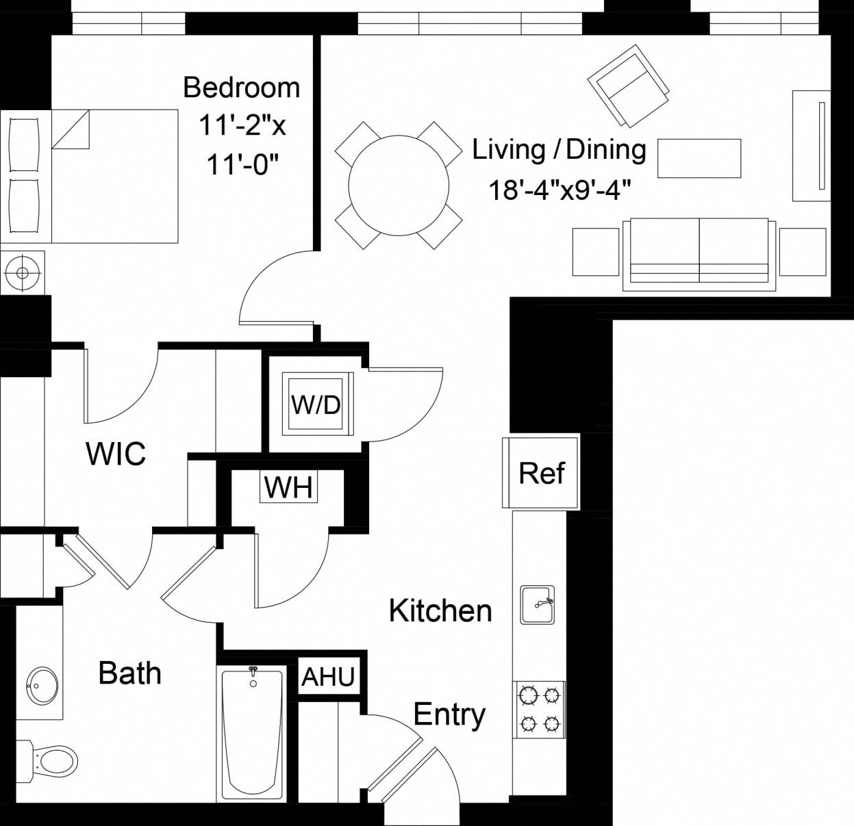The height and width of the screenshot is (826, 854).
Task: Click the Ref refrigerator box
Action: point(541,473)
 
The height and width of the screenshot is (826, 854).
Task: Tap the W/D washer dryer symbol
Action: point(316,404)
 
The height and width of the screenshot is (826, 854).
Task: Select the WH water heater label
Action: point(288,487)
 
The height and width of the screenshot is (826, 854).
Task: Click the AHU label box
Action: point(328,676)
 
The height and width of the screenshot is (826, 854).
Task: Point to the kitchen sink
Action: point(538,604)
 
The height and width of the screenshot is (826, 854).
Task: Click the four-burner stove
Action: point(540,710)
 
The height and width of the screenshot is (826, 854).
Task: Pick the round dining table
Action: point(399,185)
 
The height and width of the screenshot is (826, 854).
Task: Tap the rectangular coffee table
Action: point(699,158)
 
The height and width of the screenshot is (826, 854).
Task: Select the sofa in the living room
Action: point(699,254)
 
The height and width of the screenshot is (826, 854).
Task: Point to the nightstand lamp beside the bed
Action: point(23,273)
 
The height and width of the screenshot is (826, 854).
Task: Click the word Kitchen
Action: point(440,610)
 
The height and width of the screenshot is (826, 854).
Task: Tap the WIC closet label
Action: point(116,454)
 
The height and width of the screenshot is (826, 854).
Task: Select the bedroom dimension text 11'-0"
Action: point(243,164)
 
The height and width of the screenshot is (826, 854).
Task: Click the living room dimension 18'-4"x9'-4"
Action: point(559,190)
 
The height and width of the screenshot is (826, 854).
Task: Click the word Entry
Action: point(449,715)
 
